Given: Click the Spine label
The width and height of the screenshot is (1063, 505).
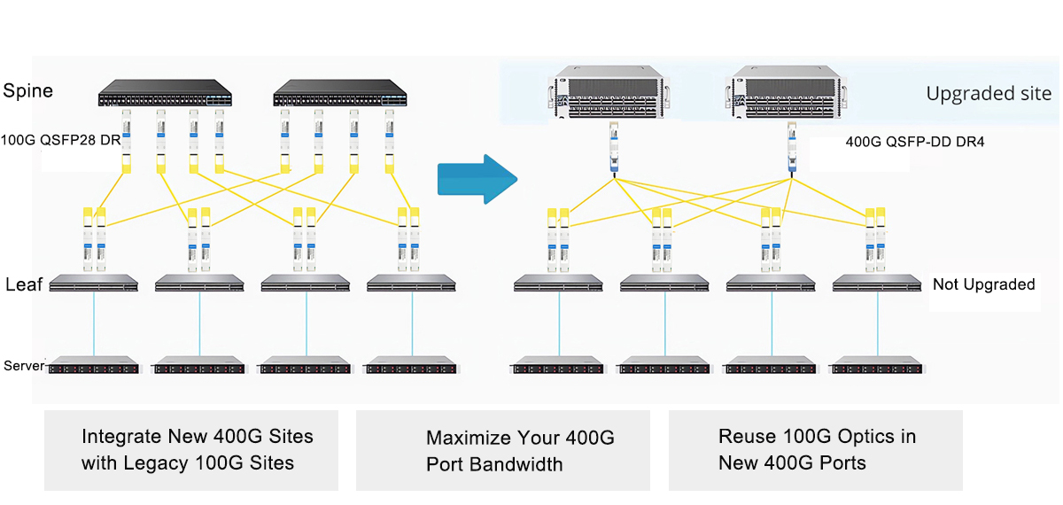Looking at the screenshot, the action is [28, 90].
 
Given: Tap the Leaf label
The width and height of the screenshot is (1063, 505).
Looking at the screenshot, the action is [24, 284].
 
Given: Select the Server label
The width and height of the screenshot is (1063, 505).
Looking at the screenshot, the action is [24, 365].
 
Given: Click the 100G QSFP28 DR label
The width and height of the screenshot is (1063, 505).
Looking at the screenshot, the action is [61, 140].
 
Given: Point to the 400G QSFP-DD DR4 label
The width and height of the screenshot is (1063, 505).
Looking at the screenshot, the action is [914, 142].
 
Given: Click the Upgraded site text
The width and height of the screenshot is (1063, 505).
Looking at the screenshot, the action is [989, 94].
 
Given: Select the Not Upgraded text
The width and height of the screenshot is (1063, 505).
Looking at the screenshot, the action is [984, 284].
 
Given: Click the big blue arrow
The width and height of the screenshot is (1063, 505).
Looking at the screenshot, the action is [477, 179].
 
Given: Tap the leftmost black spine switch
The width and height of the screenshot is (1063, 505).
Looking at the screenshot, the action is [165, 93].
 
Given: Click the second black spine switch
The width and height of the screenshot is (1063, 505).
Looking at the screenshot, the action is [340, 93].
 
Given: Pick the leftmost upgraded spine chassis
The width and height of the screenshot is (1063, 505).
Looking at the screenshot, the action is [609, 92].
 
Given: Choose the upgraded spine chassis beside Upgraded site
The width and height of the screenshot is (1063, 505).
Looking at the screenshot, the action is [787, 92].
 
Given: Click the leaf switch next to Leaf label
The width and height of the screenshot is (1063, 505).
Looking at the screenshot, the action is [94, 284].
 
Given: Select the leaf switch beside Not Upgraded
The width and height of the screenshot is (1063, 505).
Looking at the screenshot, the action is [876, 284].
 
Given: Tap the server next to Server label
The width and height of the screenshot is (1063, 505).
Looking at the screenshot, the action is [94, 365].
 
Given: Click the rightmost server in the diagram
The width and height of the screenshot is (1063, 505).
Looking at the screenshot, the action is [876, 365].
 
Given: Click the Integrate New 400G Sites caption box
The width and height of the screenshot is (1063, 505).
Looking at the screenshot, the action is [191, 450].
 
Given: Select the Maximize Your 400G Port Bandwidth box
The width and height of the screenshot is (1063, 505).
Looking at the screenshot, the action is [503, 450].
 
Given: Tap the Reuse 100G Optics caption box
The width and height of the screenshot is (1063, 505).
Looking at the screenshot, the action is [816, 450].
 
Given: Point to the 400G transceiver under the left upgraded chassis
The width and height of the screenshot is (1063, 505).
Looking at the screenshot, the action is [614, 148].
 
